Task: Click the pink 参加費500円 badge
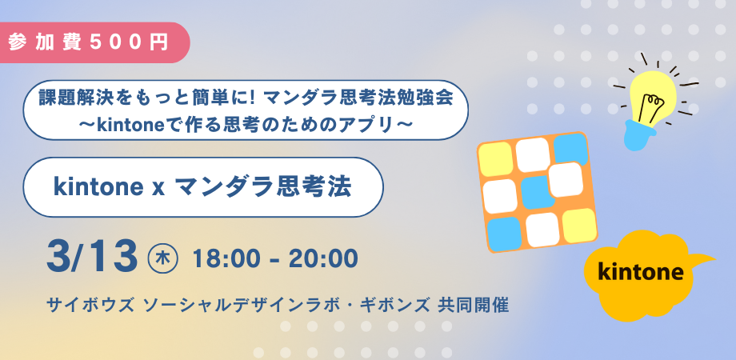point(94,42)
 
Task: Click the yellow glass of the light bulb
point(653,98)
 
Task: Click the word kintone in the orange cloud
point(641,272)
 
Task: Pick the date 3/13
point(91,258)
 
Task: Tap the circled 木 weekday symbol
point(162,258)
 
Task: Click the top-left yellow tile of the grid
point(497,159)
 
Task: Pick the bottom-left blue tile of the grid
point(505,234)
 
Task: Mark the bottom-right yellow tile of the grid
point(579,226)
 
